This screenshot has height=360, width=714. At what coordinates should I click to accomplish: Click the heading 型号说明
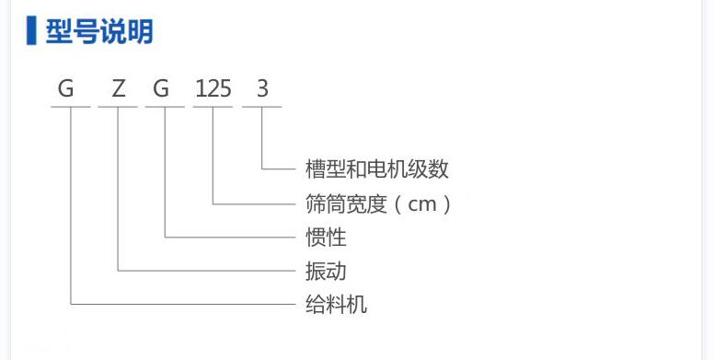click(99, 31)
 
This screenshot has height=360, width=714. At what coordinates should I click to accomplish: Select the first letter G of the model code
click(66, 89)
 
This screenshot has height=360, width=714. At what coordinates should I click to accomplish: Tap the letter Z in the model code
click(118, 89)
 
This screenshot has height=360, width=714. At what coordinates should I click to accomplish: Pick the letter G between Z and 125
click(162, 89)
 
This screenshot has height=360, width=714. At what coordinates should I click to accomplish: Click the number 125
click(213, 89)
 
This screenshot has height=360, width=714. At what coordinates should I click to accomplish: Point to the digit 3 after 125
click(262, 89)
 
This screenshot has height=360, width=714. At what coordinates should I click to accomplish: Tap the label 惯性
click(326, 237)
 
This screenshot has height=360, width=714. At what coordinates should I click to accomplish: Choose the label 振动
click(326, 271)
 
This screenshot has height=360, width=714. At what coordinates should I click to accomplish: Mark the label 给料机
click(336, 304)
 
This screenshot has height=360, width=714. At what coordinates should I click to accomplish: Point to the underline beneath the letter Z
click(118, 108)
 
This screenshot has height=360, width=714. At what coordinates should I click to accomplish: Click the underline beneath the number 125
click(213, 108)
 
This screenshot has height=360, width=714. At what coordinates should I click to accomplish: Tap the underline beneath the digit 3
click(262, 108)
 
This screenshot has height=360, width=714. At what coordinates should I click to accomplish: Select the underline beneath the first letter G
click(70, 108)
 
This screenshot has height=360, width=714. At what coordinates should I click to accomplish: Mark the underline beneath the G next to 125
click(166, 108)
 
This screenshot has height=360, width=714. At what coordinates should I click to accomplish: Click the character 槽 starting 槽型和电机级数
click(315, 169)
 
